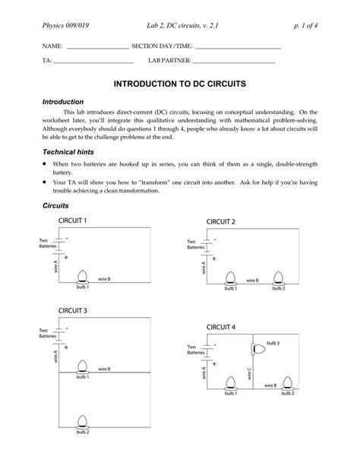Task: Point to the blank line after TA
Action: point(93,62)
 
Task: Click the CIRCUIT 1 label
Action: point(73,220)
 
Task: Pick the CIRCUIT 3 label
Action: point(73,311)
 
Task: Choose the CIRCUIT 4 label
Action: point(221,327)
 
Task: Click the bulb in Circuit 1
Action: point(83,277)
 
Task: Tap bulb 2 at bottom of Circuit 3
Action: point(83,423)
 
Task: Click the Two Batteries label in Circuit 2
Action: point(195,244)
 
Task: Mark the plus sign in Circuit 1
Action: point(66,257)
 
